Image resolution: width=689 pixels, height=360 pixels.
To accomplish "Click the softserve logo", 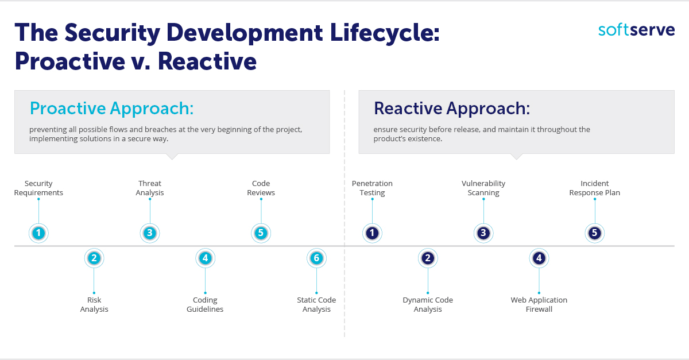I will pos(636,30).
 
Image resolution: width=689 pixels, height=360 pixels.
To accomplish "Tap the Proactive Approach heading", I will pos(111,109).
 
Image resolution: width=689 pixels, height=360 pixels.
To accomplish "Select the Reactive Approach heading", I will pos(451,109).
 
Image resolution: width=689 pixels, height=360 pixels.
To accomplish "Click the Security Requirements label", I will pos(38,188).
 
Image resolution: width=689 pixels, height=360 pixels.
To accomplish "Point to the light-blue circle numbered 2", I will pos(94,258).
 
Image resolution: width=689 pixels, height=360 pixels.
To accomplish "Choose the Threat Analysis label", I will pos(150,188).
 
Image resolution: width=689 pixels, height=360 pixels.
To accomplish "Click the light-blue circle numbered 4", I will pos(205,258).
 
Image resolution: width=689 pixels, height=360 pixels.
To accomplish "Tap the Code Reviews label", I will pos(261,188).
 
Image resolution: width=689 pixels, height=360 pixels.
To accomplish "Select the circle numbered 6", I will pos(316,258).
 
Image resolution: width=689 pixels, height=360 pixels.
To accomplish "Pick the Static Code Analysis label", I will pos(316,305).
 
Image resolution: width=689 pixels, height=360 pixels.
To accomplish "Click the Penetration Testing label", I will pos(372,188).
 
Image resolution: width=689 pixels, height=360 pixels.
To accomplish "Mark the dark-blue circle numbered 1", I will pos(372,233).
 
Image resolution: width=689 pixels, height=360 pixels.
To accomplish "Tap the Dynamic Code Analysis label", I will pos(428,305).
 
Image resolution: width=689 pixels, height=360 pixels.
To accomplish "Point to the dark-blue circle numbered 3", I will pos(483,233).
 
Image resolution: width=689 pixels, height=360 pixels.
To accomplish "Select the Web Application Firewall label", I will pos(539,305).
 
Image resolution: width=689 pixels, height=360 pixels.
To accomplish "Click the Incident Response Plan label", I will pos(595,188).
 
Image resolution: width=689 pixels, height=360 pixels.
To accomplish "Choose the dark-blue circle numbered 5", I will pos(595,233).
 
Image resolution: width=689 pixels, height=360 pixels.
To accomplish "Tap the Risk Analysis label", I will pos(94,305).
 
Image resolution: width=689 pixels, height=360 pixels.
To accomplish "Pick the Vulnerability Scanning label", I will pos(483,188).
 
